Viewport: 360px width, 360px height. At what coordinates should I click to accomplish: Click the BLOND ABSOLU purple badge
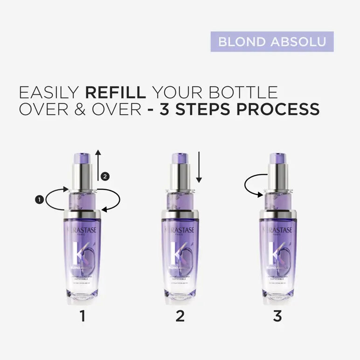272,42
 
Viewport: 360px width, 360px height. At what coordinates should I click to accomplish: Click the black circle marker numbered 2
105,176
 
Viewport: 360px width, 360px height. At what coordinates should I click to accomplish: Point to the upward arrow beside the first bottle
98,166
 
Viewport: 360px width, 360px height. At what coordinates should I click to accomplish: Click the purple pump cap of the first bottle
83,158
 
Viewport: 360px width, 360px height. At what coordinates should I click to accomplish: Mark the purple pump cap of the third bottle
277,158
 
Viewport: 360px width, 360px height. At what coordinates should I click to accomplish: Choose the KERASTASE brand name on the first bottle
83,229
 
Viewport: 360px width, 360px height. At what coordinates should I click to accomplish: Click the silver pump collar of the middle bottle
180,176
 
